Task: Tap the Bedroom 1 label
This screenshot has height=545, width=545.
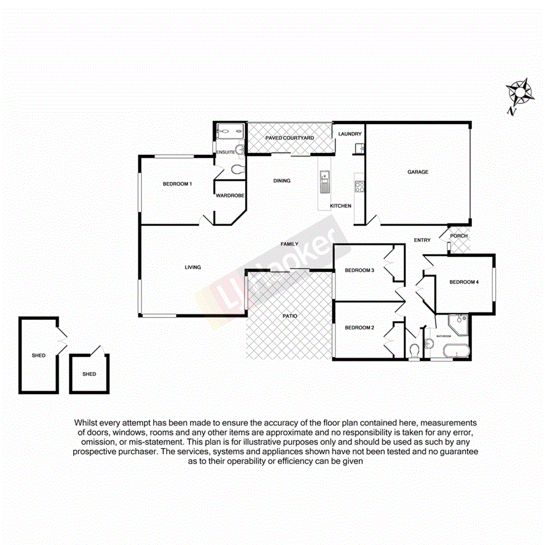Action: click(x=177, y=184)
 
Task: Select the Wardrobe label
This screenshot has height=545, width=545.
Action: click(x=230, y=196)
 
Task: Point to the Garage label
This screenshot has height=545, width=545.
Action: click(x=418, y=172)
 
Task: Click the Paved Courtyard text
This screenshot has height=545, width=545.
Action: click(x=290, y=138)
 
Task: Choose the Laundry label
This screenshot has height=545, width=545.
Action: click(x=350, y=134)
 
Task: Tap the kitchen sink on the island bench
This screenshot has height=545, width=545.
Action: click(x=324, y=182)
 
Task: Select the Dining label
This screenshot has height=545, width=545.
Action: click(x=282, y=181)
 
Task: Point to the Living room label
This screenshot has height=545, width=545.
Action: click(x=193, y=267)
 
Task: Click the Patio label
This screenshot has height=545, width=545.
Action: click(x=290, y=316)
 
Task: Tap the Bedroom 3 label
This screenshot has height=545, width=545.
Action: click(x=359, y=270)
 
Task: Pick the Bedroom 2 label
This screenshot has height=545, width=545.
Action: click(x=359, y=327)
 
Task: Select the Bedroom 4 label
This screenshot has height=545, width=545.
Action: click(x=464, y=282)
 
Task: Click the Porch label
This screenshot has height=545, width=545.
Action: click(x=459, y=236)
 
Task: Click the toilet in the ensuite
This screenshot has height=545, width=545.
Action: click(x=237, y=170)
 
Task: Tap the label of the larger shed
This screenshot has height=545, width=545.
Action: click(x=39, y=356)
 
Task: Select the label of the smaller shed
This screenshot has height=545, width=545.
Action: click(x=89, y=374)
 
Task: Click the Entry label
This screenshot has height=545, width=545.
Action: click(x=422, y=240)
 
